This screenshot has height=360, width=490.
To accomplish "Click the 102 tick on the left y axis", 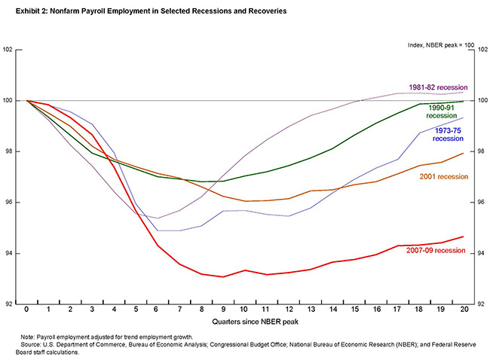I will (x=8, y=50).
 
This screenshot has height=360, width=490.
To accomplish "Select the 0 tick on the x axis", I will (x=27, y=310).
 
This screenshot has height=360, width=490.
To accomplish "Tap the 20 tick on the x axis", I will (x=463, y=310).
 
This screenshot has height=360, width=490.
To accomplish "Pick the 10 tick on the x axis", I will (x=245, y=310).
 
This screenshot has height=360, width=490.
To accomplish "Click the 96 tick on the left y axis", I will (x=10, y=203).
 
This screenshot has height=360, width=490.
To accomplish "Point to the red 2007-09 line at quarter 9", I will (x=223, y=276).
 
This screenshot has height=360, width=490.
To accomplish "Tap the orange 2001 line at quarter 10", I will (x=245, y=201).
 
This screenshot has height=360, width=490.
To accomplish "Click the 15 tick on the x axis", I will (x=354, y=310).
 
